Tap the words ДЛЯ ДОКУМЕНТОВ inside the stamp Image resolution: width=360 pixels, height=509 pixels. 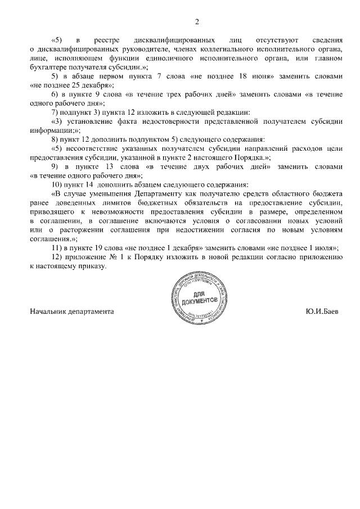197,296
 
